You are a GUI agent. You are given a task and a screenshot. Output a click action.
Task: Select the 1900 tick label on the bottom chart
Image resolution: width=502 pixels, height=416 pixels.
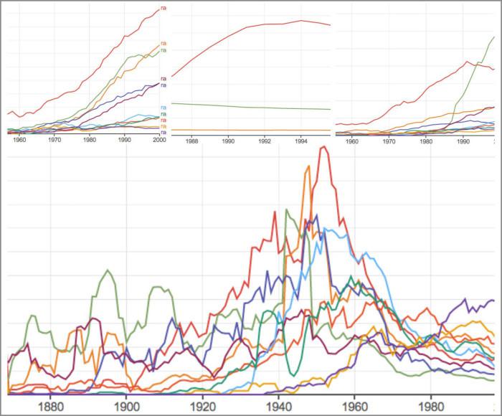[x=126, y=405]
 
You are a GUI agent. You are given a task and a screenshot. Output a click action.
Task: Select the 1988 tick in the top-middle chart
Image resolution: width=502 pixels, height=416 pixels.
[x=192, y=141]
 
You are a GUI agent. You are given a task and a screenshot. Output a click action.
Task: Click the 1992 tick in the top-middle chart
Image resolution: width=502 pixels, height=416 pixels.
[x=265, y=141]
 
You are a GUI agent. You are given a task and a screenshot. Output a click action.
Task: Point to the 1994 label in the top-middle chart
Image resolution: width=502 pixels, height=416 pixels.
[x=301, y=141]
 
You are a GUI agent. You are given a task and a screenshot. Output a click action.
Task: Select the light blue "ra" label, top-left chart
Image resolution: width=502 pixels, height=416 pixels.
[x=164, y=108]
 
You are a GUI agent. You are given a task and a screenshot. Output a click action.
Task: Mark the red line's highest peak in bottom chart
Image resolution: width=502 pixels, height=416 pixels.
[x=324, y=147]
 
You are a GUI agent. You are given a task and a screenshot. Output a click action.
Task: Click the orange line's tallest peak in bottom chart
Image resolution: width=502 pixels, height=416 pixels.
[x=308, y=166]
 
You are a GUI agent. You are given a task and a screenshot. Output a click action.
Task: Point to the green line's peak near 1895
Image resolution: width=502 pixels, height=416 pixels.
[x=108, y=270]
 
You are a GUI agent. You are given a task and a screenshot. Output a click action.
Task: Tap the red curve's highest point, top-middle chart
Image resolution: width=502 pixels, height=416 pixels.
[x=301, y=20]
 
